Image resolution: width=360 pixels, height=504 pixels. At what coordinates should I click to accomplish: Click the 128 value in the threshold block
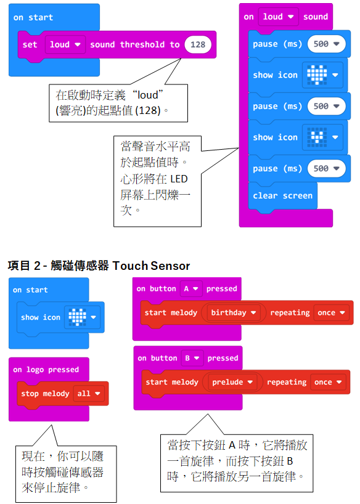click(x=197, y=45)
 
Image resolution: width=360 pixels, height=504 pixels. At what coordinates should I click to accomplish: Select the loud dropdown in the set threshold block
click(x=65, y=45)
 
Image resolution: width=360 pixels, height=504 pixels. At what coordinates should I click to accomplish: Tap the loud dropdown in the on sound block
click(x=278, y=17)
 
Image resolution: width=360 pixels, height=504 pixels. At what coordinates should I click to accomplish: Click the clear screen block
click(x=282, y=196)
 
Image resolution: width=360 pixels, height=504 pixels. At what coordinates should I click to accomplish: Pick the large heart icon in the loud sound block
click(x=322, y=75)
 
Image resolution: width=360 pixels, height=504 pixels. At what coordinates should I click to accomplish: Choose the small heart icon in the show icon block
click(x=322, y=137)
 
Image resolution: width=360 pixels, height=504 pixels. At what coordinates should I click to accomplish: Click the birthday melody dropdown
click(x=233, y=313)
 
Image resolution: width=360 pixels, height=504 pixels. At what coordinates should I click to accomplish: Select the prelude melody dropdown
click(x=232, y=382)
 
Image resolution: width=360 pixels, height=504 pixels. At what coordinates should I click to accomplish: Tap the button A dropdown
click(x=191, y=288)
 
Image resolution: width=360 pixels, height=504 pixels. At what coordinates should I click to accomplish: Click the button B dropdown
click(x=192, y=358)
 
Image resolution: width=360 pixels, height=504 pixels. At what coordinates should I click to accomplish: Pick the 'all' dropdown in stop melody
click(x=89, y=394)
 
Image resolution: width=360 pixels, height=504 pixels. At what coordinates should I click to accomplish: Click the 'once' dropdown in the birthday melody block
click(x=332, y=313)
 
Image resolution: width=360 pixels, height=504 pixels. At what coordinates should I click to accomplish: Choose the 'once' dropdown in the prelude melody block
click(x=328, y=382)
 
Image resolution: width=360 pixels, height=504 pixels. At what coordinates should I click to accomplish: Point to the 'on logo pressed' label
click(x=46, y=370)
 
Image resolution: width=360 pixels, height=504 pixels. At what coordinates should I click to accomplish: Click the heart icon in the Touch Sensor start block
click(x=83, y=317)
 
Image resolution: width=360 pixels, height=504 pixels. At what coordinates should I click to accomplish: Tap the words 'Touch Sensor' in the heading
click(x=151, y=266)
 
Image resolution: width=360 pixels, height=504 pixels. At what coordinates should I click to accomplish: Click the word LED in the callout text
click(x=179, y=179)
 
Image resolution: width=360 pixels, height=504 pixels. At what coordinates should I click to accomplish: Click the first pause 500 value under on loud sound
click(x=326, y=44)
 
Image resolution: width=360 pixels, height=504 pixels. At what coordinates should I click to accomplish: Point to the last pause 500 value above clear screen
click(x=326, y=169)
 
